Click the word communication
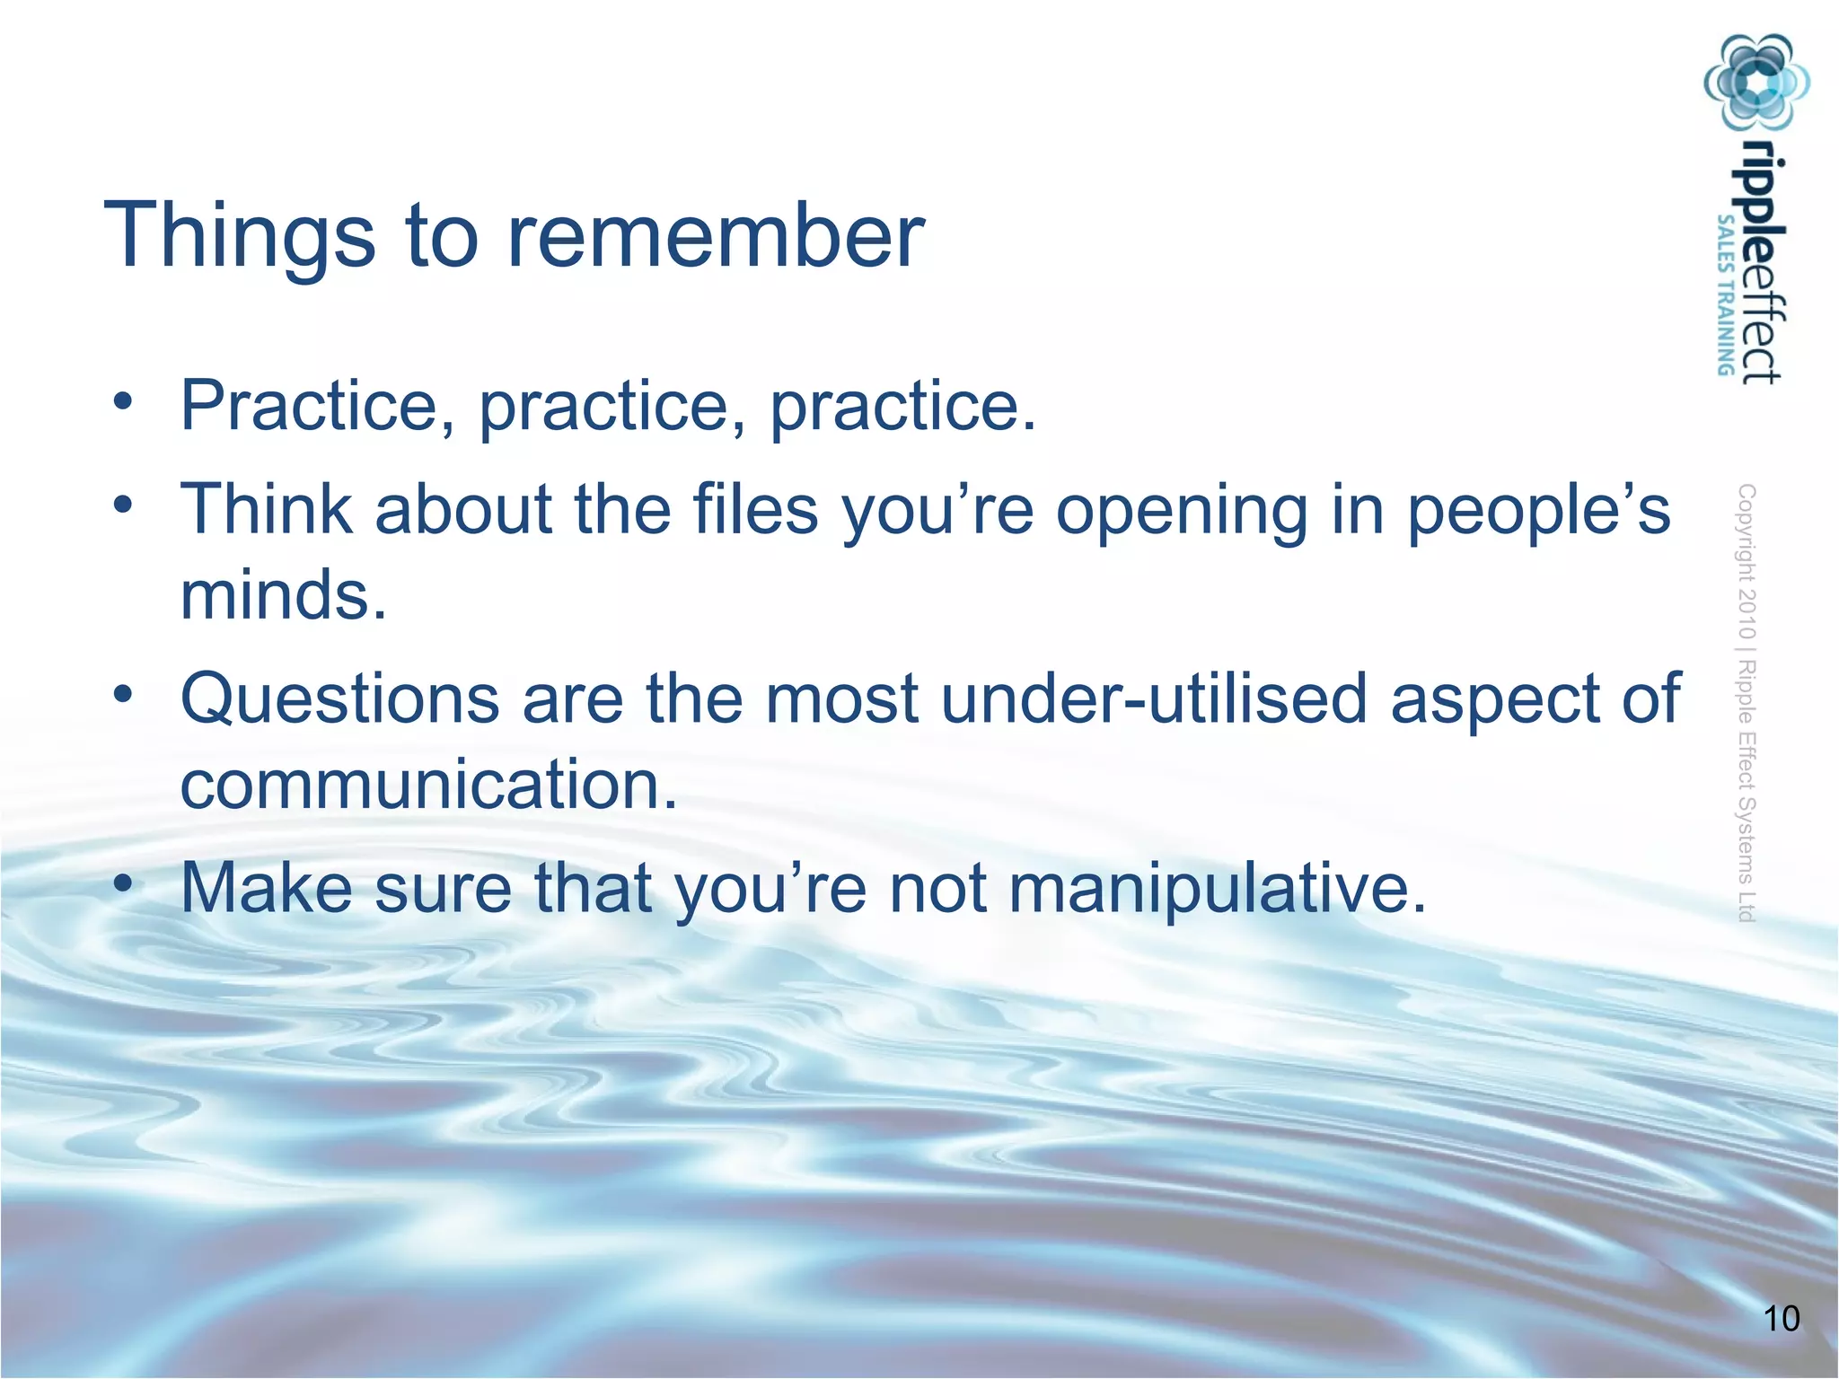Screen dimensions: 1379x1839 click(x=427, y=784)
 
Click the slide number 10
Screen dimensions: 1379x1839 click(x=1782, y=1319)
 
